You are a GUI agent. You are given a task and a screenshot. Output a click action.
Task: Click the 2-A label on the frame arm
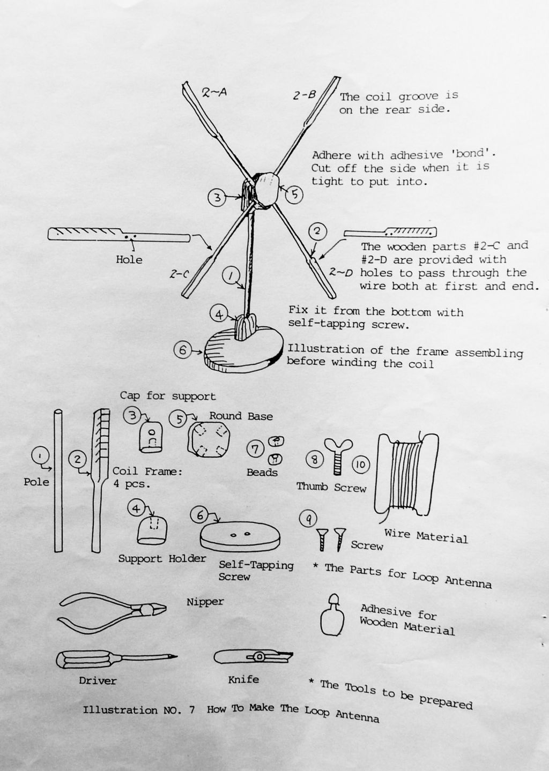(x=214, y=92)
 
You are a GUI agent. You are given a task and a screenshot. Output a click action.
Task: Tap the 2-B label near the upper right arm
(x=305, y=95)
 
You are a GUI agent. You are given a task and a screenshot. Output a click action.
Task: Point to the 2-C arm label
(x=179, y=274)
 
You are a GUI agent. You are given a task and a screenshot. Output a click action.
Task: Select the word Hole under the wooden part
(x=129, y=259)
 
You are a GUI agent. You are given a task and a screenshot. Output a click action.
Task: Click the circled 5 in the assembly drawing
(x=294, y=194)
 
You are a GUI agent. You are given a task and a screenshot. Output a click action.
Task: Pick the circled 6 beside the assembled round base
(x=182, y=350)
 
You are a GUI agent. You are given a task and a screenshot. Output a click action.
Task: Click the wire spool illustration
(x=406, y=475)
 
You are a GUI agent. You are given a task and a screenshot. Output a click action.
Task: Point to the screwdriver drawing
(x=116, y=658)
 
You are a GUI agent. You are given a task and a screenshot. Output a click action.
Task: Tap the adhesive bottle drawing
(x=332, y=616)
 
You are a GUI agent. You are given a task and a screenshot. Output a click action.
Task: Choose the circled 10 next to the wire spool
(x=361, y=465)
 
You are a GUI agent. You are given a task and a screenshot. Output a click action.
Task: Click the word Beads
(x=262, y=472)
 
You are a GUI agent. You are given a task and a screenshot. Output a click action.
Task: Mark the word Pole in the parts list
(x=36, y=482)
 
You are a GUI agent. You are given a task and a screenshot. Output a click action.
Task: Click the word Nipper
(x=205, y=602)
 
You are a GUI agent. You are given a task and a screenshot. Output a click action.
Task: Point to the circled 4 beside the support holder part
(x=136, y=508)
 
